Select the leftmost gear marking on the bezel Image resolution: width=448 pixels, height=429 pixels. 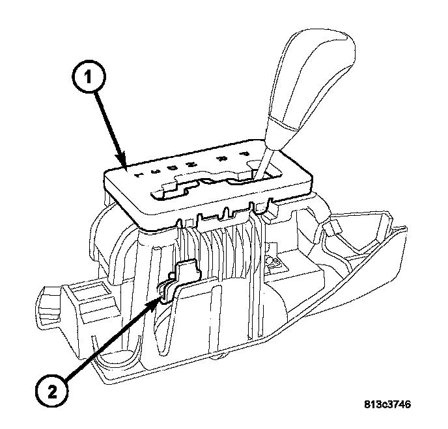pyautogui.click(x=137, y=174)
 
